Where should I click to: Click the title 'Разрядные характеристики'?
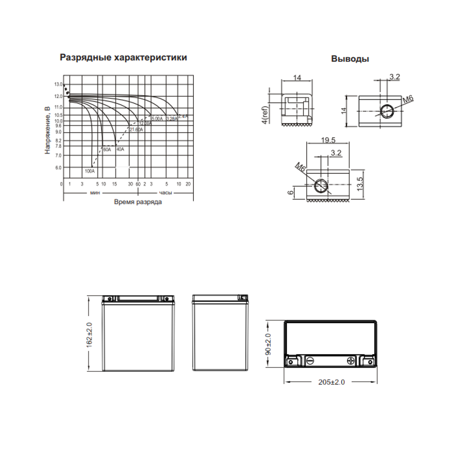[x=123, y=58]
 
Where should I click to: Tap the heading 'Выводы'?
[x=350, y=59]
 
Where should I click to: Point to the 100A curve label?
[x=90, y=171]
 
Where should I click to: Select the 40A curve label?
[x=120, y=149]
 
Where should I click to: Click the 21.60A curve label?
[x=136, y=130]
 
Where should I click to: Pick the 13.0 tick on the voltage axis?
[x=58, y=85]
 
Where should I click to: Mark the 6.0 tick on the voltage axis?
[x=58, y=168]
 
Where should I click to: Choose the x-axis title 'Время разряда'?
[x=138, y=202]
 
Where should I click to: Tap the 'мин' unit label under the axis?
[x=95, y=193]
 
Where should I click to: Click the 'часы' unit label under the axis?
[x=165, y=193]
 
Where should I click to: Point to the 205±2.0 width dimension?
[x=331, y=382]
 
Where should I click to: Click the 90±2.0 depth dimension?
[x=268, y=344]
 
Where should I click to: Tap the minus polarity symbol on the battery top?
[x=310, y=361]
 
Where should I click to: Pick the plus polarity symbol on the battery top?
[x=352, y=361]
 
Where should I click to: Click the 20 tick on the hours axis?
[x=188, y=184]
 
